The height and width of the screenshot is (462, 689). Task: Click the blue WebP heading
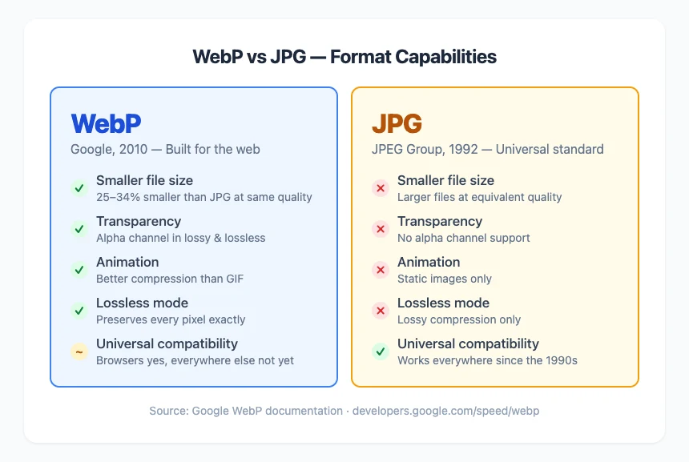[x=106, y=123]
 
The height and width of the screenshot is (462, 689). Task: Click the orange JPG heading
[x=397, y=123]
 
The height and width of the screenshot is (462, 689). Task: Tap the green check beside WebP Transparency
[x=79, y=229]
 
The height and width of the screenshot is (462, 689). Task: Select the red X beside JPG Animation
[x=380, y=270]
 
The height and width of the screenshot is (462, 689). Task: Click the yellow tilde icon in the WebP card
[x=79, y=352]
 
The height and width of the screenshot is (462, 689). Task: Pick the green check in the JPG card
[x=380, y=352]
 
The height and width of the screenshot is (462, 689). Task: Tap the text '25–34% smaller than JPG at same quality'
[x=203, y=197]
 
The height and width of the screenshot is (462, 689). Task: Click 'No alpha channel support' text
[x=463, y=238]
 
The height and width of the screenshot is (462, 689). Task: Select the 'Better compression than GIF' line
[x=169, y=279]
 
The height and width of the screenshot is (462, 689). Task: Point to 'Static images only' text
[x=444, y=279]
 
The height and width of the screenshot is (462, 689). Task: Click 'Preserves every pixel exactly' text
[x=171, y=319]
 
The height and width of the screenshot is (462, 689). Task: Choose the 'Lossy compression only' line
[x=458, y=319]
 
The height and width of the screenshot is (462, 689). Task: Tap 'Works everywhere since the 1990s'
[x=487, y=360]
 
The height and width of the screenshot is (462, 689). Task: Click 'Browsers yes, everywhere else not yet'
[x=195, y=360]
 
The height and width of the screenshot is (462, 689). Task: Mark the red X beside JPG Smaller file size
[x=380, y=188]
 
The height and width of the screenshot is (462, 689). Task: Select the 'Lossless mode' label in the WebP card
[x=142, y=303]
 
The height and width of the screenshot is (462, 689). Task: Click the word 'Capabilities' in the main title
[x=449, y=57]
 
